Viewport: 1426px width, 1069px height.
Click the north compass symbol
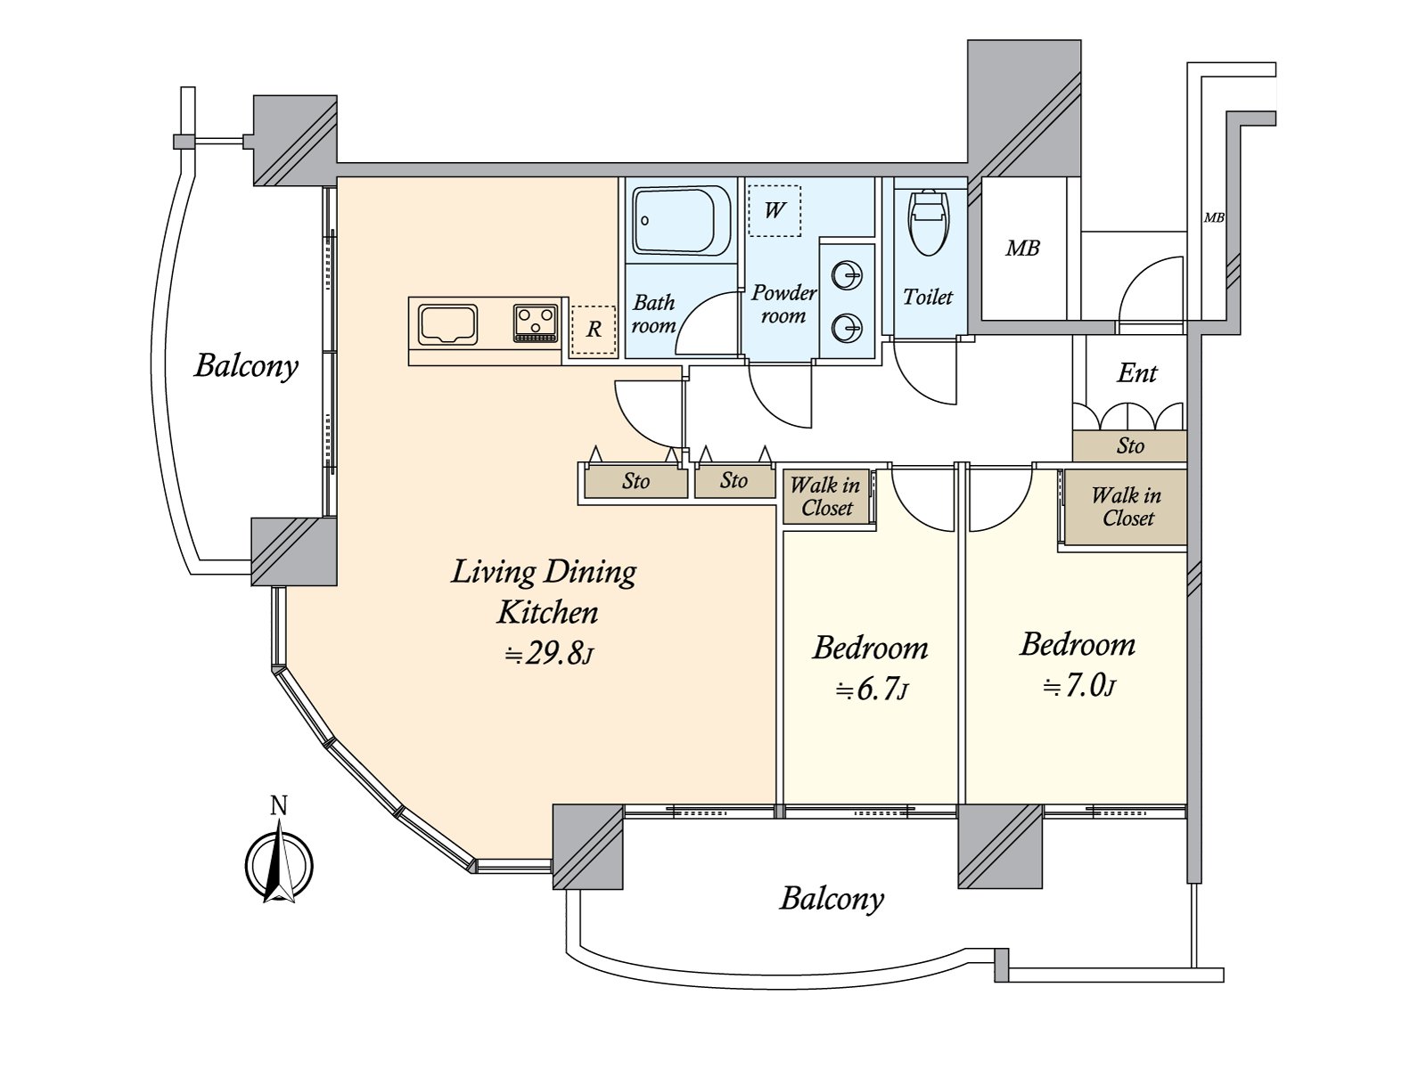(x=279, y=862)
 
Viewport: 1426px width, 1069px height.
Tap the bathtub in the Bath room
(x=682, y=220)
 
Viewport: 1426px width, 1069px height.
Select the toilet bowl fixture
(x=928, y=222)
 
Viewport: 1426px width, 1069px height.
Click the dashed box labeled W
(x=774, y=210)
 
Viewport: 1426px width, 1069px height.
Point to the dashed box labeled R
(x=594, y=330)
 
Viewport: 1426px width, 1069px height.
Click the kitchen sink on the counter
(x=448, y=324)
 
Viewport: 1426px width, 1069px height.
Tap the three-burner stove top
(x=536, y=322)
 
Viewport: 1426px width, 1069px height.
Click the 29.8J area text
(x=547, y=655)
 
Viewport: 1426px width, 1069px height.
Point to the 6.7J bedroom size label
(x=872, y=689)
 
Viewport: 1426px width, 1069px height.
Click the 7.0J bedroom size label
(x=1079, y=686)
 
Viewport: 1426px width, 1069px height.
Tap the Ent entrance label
(x=1136, y=373)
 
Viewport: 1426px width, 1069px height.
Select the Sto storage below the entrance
(x=1129, y=445)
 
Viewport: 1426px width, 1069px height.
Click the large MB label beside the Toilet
(x=1022, y=249)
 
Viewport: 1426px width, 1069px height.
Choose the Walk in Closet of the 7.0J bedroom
(x=1127, y=507)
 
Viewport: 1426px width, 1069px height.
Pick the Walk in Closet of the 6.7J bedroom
(x=826, y=497)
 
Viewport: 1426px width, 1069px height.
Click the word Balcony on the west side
(x=246, y=366)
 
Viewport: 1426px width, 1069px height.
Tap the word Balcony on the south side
(x=831, y=898)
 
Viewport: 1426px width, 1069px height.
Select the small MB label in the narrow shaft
(x=1213, y=217)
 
